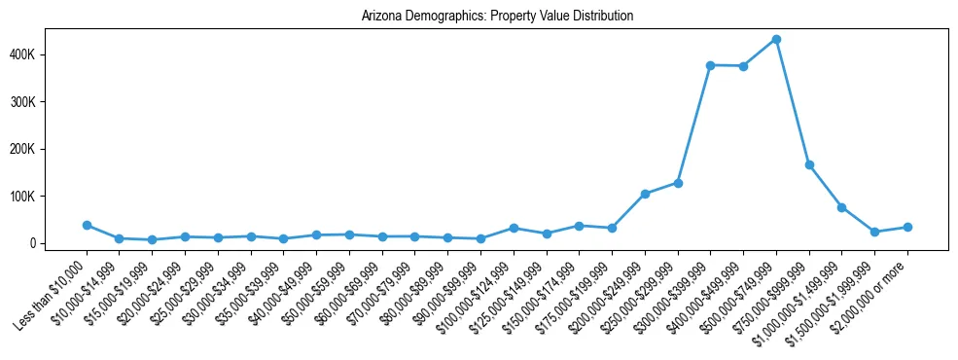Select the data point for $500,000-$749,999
(x=776, y=40)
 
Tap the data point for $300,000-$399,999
(x=710, y=65)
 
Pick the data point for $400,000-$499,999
(x=743, y=66)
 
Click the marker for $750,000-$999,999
(x=809, y=165)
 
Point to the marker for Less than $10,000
(x=87, y=225)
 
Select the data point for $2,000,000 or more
(x=907, y=227)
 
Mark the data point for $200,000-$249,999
(x=645, y=194)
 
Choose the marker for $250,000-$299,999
(x=678, y=183)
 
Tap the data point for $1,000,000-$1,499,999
(x=841, y=207)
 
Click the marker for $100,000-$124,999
(x=514, y=228)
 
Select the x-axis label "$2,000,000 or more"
(x=872, y=289)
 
